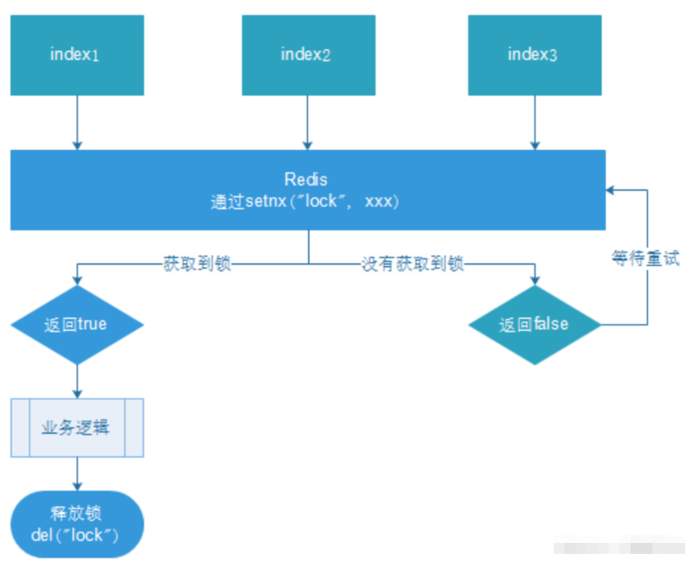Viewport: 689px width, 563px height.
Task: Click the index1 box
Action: click(77, 55)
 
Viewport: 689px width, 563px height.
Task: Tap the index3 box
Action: click(534, 55)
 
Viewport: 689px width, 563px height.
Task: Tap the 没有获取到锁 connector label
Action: click(412, 264)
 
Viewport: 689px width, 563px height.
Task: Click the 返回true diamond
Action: click(77, 324)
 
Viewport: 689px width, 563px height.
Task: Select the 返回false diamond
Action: click(534, 324)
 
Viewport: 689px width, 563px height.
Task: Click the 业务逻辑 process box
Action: click(77, 427)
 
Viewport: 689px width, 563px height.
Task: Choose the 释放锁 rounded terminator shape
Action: click(77, 524)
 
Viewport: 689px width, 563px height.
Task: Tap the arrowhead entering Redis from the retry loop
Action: click(610, 190)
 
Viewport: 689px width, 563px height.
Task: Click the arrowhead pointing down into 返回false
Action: click(534, 279)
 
